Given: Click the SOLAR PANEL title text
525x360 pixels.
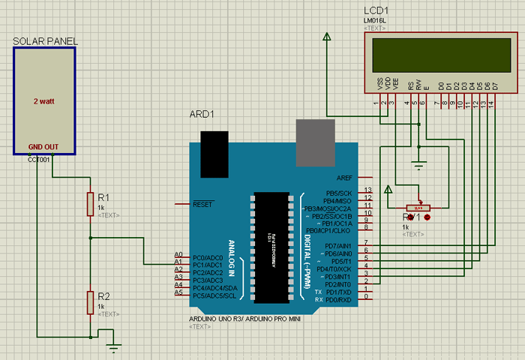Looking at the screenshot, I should (46, 40).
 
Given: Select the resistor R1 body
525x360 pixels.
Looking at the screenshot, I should (90, 203).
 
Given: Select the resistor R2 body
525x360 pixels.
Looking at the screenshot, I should (90, 302).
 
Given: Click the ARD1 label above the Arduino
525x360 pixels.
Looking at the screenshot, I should (201, 115).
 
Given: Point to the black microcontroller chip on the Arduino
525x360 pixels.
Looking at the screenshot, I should (271, 247).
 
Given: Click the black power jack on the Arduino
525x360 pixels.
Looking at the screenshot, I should (214, 153).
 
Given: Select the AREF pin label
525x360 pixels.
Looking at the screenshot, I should (344, 178).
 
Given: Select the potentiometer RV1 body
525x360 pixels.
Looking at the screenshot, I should (418, 207).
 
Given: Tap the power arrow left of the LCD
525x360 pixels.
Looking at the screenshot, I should (326, 37).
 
